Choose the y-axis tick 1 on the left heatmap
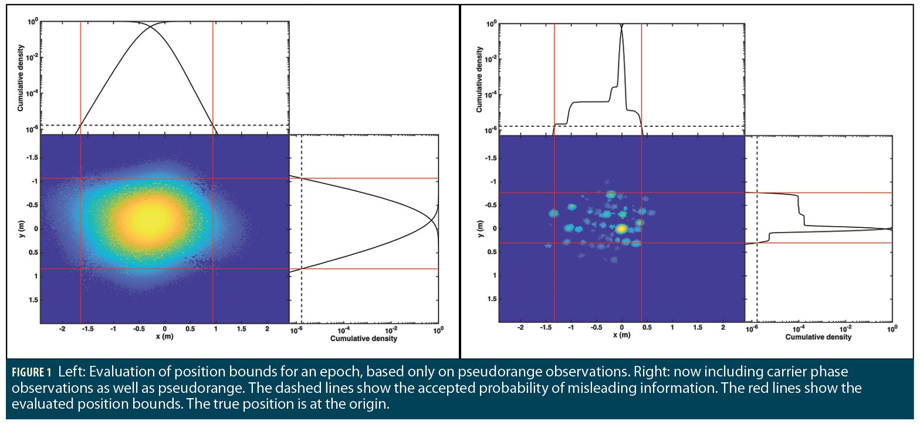pyautogui.click(x=33, y=276)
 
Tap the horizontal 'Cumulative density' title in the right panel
pyautogui.click(x=818, y=338)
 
